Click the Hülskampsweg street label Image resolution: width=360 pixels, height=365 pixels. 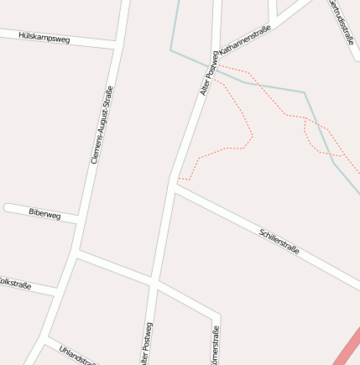point(44,38)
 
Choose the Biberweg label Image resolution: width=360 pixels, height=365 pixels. point(44,215)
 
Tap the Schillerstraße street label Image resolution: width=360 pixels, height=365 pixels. point(279,242)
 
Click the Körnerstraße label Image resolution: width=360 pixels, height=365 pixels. point(216,347)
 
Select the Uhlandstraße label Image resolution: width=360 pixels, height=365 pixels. point(77,355)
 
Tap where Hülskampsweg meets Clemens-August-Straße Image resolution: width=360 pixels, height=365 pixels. point(115,43)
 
